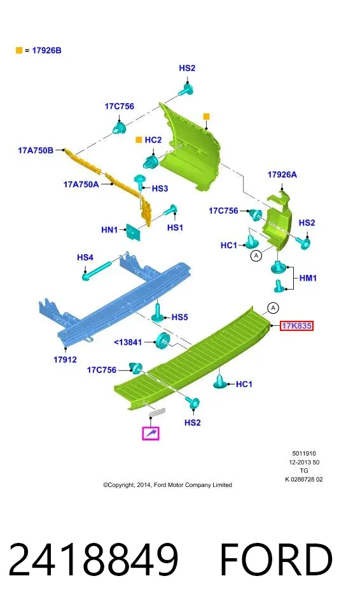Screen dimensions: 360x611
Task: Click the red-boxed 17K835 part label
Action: (x=296, y=326)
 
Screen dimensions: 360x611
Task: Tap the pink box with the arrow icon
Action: (x=151, y=433)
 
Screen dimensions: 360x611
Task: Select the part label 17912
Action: (x=65, y=359)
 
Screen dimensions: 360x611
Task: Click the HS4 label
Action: (x=85, y=258)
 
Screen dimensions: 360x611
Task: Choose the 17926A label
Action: (x=282, y=174)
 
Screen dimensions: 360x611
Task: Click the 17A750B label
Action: (x=36, y=150)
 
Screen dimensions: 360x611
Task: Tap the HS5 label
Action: (x=179, y=317)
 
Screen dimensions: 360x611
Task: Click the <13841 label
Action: (x=128, y=342)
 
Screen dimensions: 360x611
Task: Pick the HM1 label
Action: (x=308, y=278)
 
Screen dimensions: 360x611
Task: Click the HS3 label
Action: (x=160, y=188)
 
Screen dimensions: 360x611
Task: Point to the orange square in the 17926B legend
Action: (x=18, y=50)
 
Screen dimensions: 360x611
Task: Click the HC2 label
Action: (x=153, y=140)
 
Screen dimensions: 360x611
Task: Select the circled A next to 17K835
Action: (x=273, y=308)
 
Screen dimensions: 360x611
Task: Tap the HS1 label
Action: (x=175, y=227)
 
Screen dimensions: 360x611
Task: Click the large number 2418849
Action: (x=93, y=559)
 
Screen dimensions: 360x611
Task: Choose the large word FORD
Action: (x=276, y=559)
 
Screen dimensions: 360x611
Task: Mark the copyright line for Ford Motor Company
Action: (x=167, y=485)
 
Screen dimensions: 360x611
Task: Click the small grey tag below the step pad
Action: (x=157, y=412)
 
